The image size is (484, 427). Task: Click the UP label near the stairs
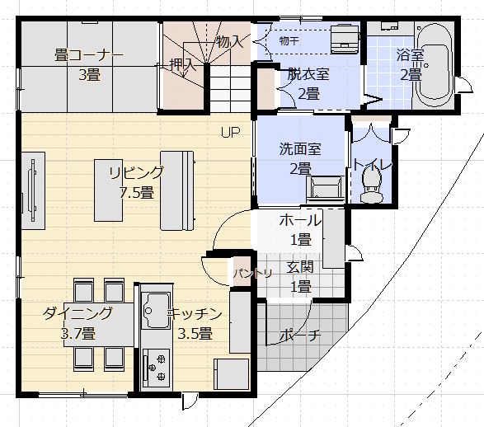230,133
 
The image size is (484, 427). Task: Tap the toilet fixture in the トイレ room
372,186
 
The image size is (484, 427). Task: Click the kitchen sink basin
157,311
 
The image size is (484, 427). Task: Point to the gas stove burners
156,368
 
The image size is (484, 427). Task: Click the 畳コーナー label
89,55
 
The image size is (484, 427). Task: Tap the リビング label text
136,173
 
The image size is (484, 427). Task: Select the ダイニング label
78,313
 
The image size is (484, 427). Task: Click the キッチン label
195,314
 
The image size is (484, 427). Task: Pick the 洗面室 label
300,149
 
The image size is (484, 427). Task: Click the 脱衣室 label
308,74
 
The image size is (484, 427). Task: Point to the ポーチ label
300,335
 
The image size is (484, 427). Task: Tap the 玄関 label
300,267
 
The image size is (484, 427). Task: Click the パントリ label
252,273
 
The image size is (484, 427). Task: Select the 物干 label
289,40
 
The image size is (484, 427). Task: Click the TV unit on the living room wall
33,190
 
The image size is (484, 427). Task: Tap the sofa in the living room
177,190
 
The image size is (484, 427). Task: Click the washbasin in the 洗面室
325,189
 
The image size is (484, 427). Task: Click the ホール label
300,220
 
